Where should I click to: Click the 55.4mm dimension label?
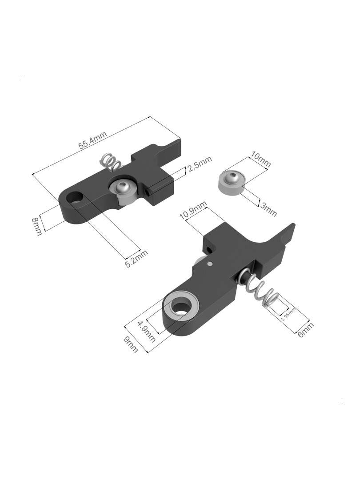[x=93, y=140]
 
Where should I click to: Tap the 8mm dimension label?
[x=36, y=227]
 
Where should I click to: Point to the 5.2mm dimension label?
[x=136, y=259]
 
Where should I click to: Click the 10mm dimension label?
[x=260, y=159]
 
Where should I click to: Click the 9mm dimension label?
[x=130, y=344]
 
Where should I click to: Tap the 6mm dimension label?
[x=305, y=330]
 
